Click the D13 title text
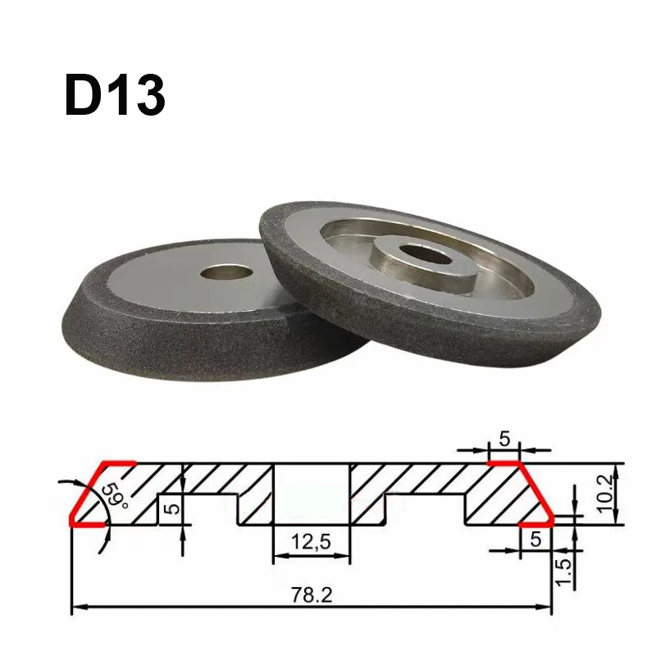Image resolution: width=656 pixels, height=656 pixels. (x=115, y=95)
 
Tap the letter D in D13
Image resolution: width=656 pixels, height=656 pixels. (x=84, y=95)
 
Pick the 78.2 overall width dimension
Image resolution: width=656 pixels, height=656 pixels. (x=312, y=593)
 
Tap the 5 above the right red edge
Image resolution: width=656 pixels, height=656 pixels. (x=505, y=439)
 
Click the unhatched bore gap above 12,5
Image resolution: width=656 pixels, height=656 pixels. (x=311, y=492)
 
